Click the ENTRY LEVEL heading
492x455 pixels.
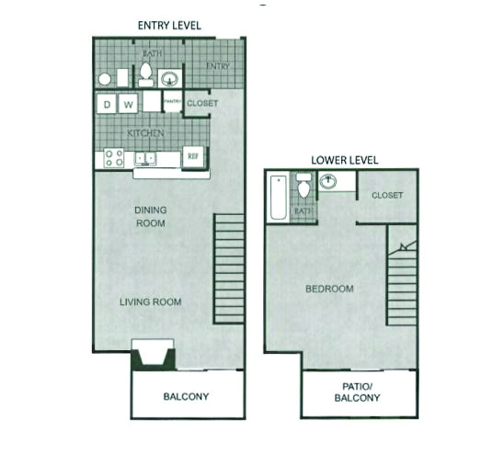pos(169,26)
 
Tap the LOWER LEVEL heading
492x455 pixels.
pos(345,160)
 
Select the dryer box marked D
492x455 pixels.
pos(107,104)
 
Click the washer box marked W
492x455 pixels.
pos(128,104)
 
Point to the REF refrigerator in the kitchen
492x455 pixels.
pos(192,156)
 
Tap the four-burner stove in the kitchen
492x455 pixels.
pos(114,158)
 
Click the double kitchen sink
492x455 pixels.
pos(145,159)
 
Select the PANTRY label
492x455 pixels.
pos(173,101)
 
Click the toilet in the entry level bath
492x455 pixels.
pos(146,74)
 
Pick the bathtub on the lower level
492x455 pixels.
pos(279,198)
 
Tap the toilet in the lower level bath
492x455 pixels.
pos(303,186)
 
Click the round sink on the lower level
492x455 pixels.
pos(328,181)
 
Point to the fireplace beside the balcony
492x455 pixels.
pos(153,355)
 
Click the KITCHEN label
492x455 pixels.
pos(145,133)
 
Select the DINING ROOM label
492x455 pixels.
pos(151,217)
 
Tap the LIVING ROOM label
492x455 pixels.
pos(151,302)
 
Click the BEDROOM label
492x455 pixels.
pos(329,289)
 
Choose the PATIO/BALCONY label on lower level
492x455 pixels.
pos(357,392)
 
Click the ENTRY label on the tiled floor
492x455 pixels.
pos(218,66)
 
